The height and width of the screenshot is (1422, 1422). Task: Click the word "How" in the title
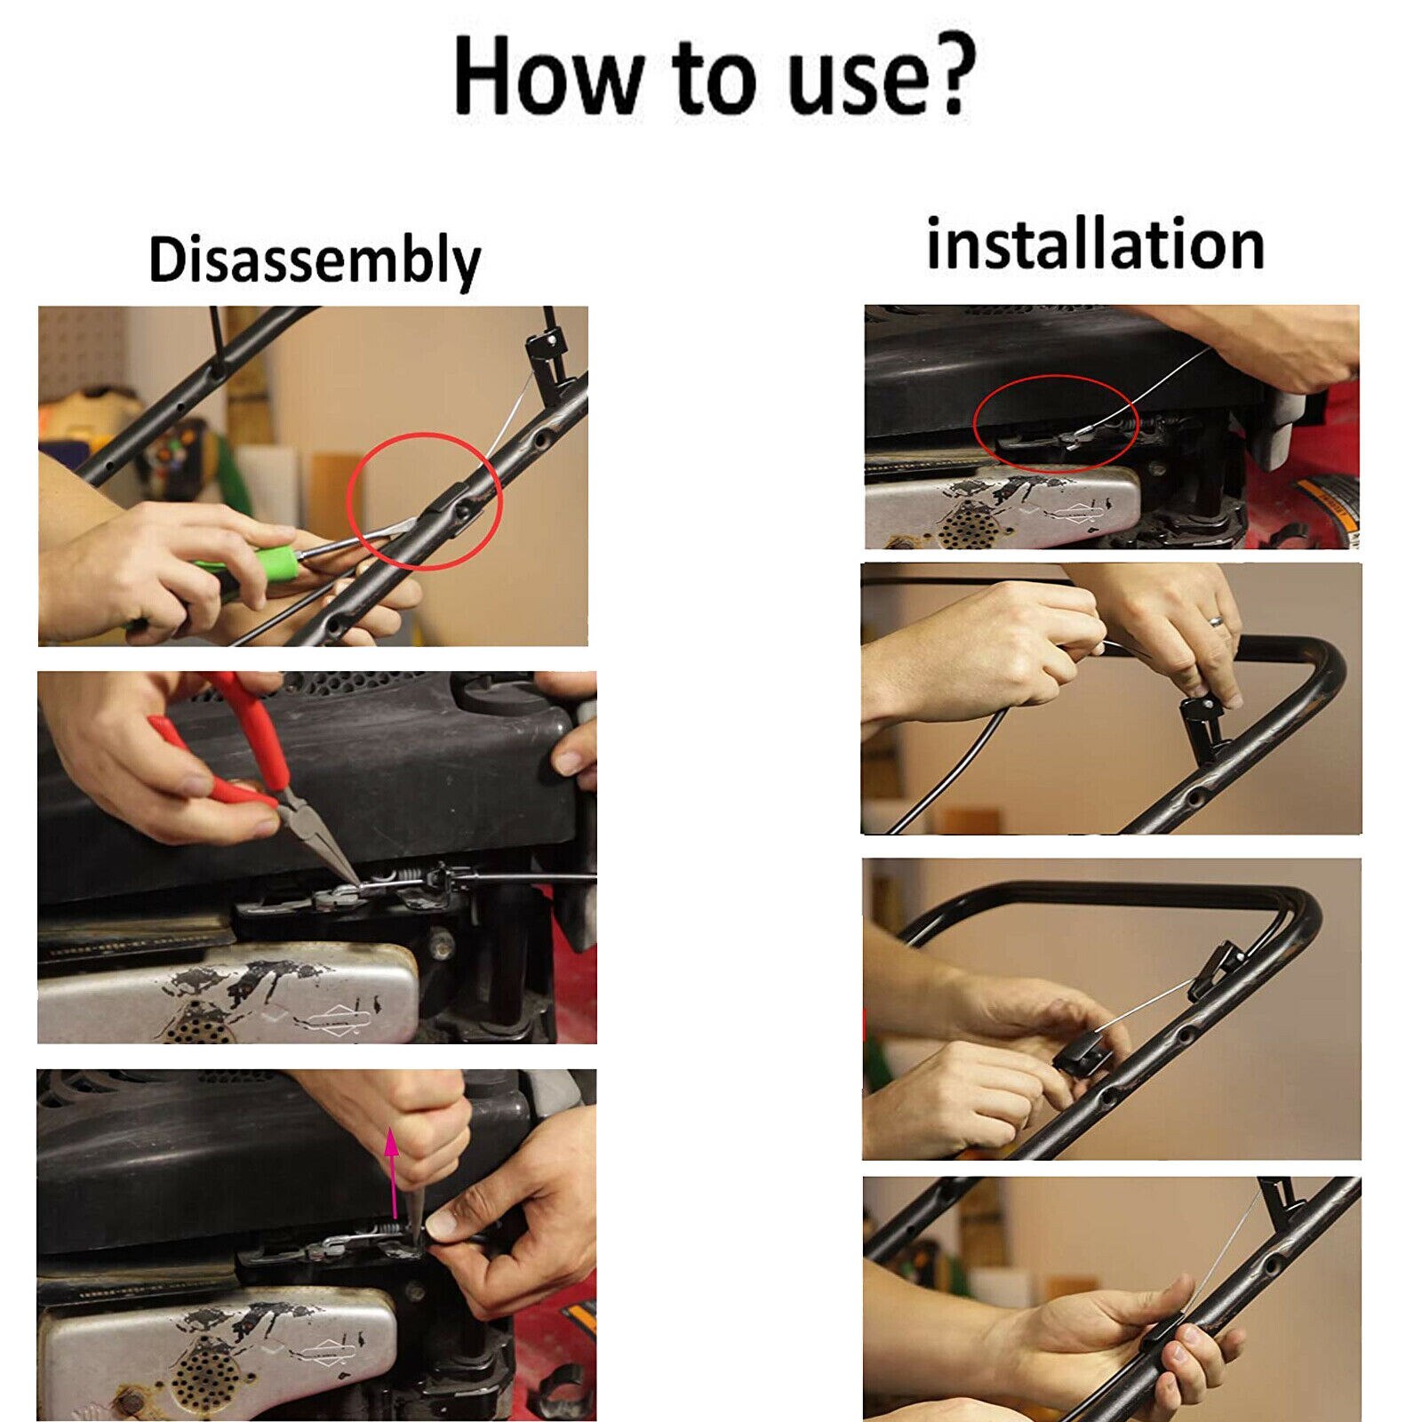[x=546, y=76]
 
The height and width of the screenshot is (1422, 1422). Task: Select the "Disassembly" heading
[x=314, y=260]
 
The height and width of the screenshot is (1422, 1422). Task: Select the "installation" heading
[x=1095, y=244]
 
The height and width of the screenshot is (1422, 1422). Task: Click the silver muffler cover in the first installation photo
[x=1003, y=505]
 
